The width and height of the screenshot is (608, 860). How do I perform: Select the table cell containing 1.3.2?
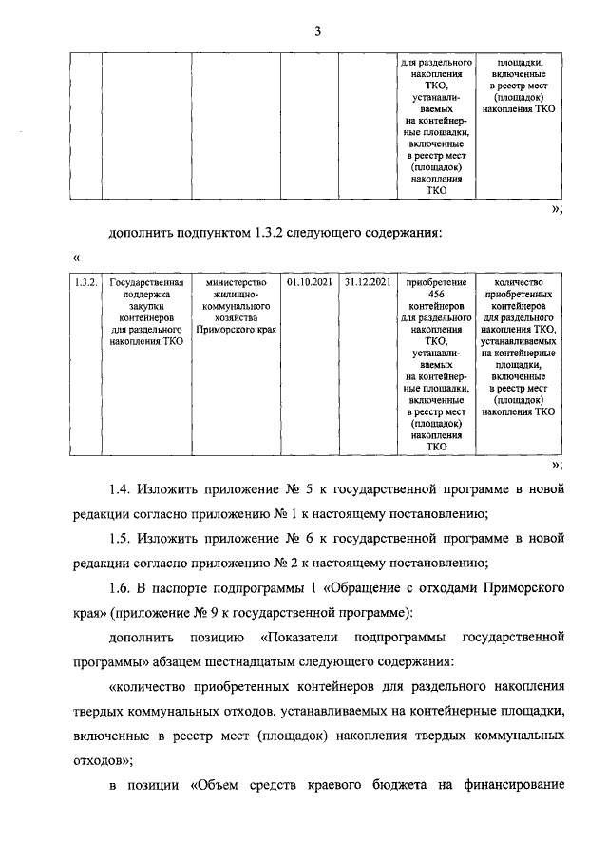pyautogui.click(x=85, y=282)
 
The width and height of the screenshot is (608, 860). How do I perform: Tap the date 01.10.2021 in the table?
pyautogui.click(x=310, y=282)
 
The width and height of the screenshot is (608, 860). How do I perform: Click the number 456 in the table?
pyautogui.click(x=436, y=295)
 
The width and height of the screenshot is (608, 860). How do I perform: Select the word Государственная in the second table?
pyautogui.click(x=145, y=282)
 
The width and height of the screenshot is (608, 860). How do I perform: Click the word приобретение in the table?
pyautogui.click(x=436, y=282)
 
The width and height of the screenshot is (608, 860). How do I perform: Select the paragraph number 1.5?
pyautogui.click(x=121, y=539)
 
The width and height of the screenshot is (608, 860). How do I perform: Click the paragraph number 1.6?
pyautogui.click(x=121, y=588)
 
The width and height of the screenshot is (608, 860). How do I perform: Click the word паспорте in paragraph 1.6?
pyautogui.click(x=182, y=588)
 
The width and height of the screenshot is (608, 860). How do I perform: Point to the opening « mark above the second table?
pyautogui.click(x=75, y=258)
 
